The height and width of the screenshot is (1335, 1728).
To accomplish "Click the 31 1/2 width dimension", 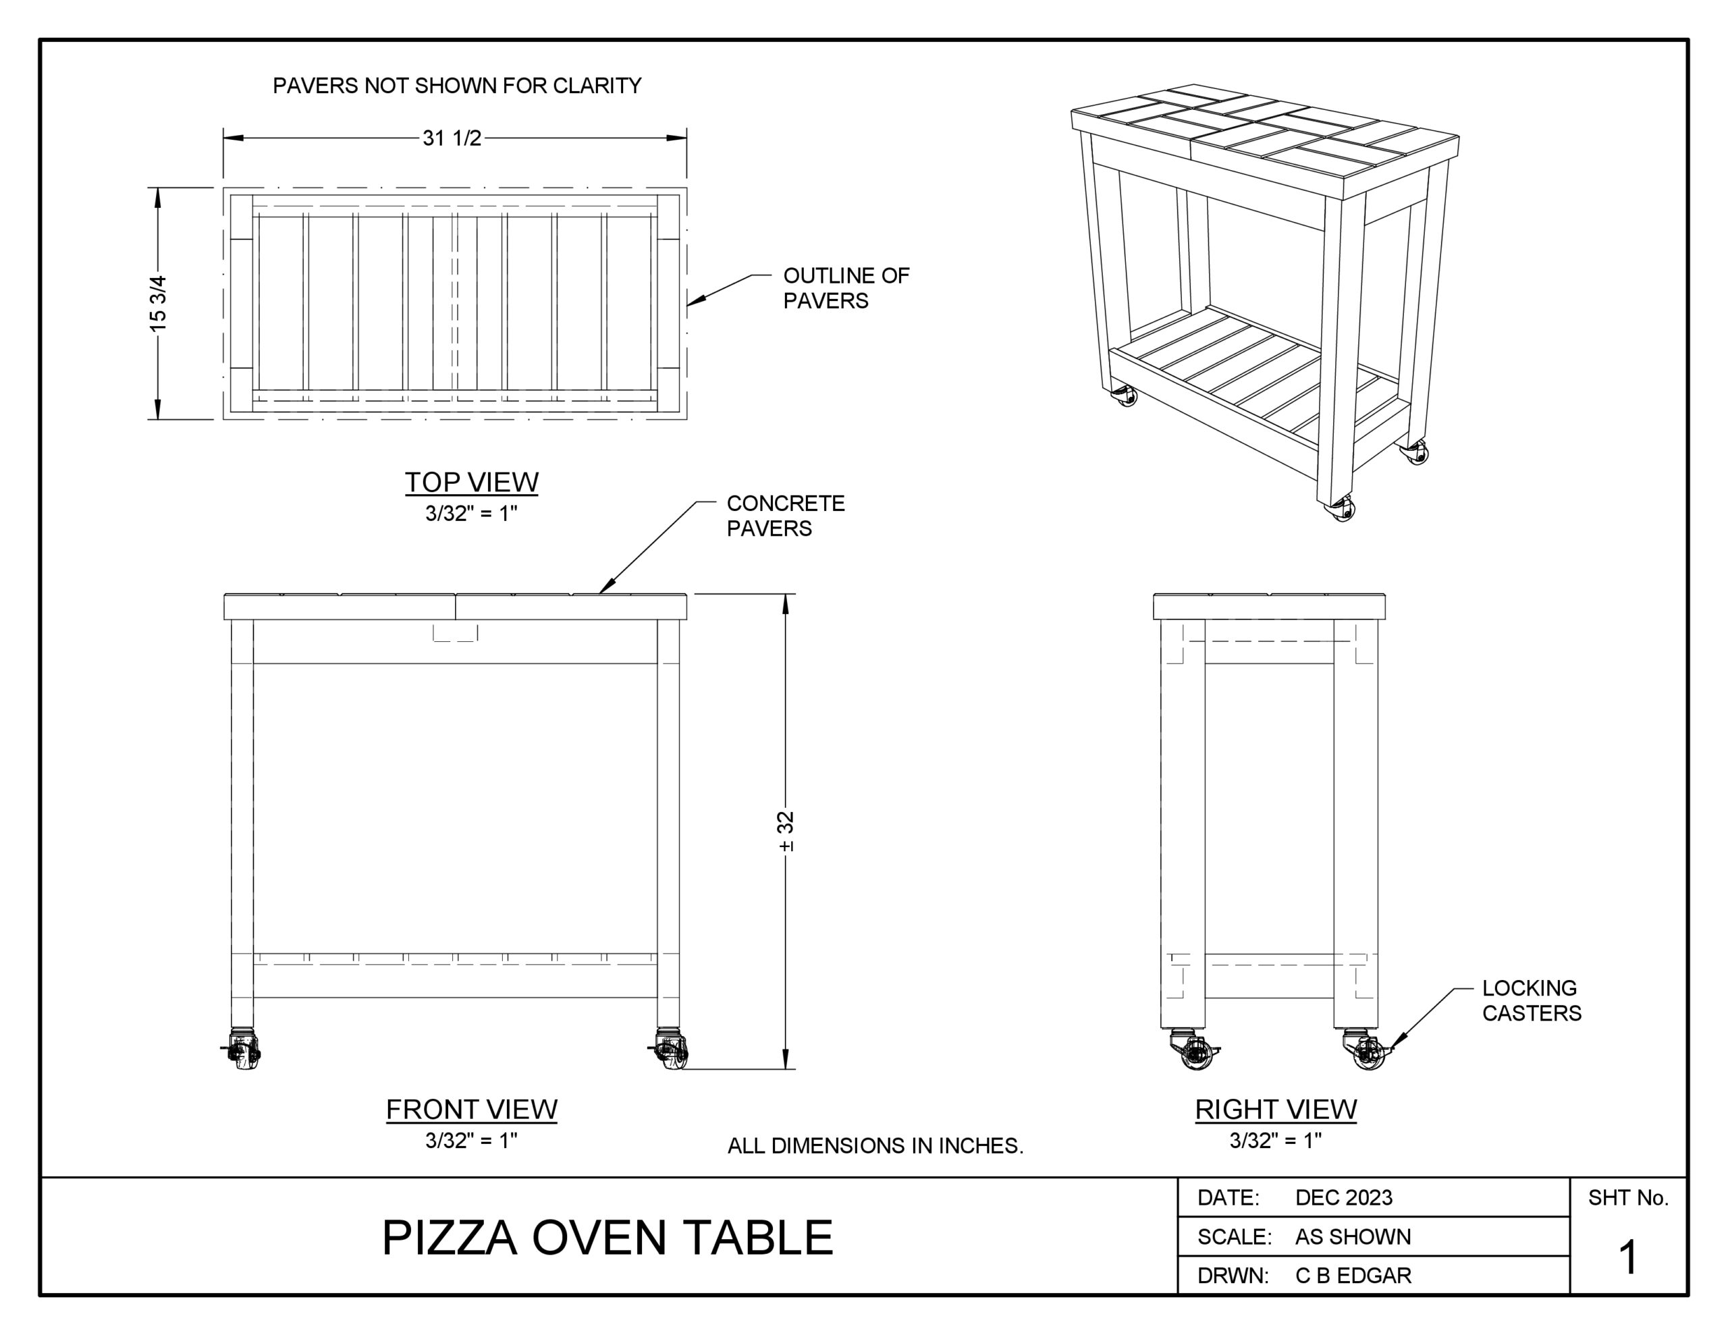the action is [x=452, y=138].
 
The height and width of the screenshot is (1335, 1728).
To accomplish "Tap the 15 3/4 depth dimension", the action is [x=158, y=303].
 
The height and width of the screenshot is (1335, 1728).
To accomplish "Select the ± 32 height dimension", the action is [x=786, y=831].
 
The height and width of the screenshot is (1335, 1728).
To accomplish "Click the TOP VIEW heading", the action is [x=472, y=482].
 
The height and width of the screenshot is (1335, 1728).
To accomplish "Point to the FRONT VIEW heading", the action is [x=472, y=1110].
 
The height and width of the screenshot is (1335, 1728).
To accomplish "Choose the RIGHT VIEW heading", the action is [x=1276, y=1110].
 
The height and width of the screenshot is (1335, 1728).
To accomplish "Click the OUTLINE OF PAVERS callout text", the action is [x=846, y=288].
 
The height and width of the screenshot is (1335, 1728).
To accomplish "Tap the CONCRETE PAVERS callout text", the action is [x=786, y=516].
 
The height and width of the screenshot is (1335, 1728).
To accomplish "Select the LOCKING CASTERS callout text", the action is [x=1532, y=1000].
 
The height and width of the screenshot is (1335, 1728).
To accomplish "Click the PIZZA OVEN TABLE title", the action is [x=607, y=1238].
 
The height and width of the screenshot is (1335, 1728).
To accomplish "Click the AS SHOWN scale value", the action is [x=1353, y=1237].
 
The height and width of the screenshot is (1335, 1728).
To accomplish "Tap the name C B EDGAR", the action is [x=1353, y=1276].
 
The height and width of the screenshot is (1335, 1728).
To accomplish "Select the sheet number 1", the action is [x=1628, y=1257].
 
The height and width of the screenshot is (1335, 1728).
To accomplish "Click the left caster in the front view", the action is [x=242, y=1050].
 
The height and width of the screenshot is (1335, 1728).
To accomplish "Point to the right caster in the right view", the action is [x=1368, y=1050].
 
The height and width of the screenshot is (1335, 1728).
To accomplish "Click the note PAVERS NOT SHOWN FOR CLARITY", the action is [x=458, y=86].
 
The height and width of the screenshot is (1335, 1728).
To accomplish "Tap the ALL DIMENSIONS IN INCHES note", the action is [x=875, y=1146].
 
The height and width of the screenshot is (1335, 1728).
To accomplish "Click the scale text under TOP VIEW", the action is [x=472, y=514].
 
